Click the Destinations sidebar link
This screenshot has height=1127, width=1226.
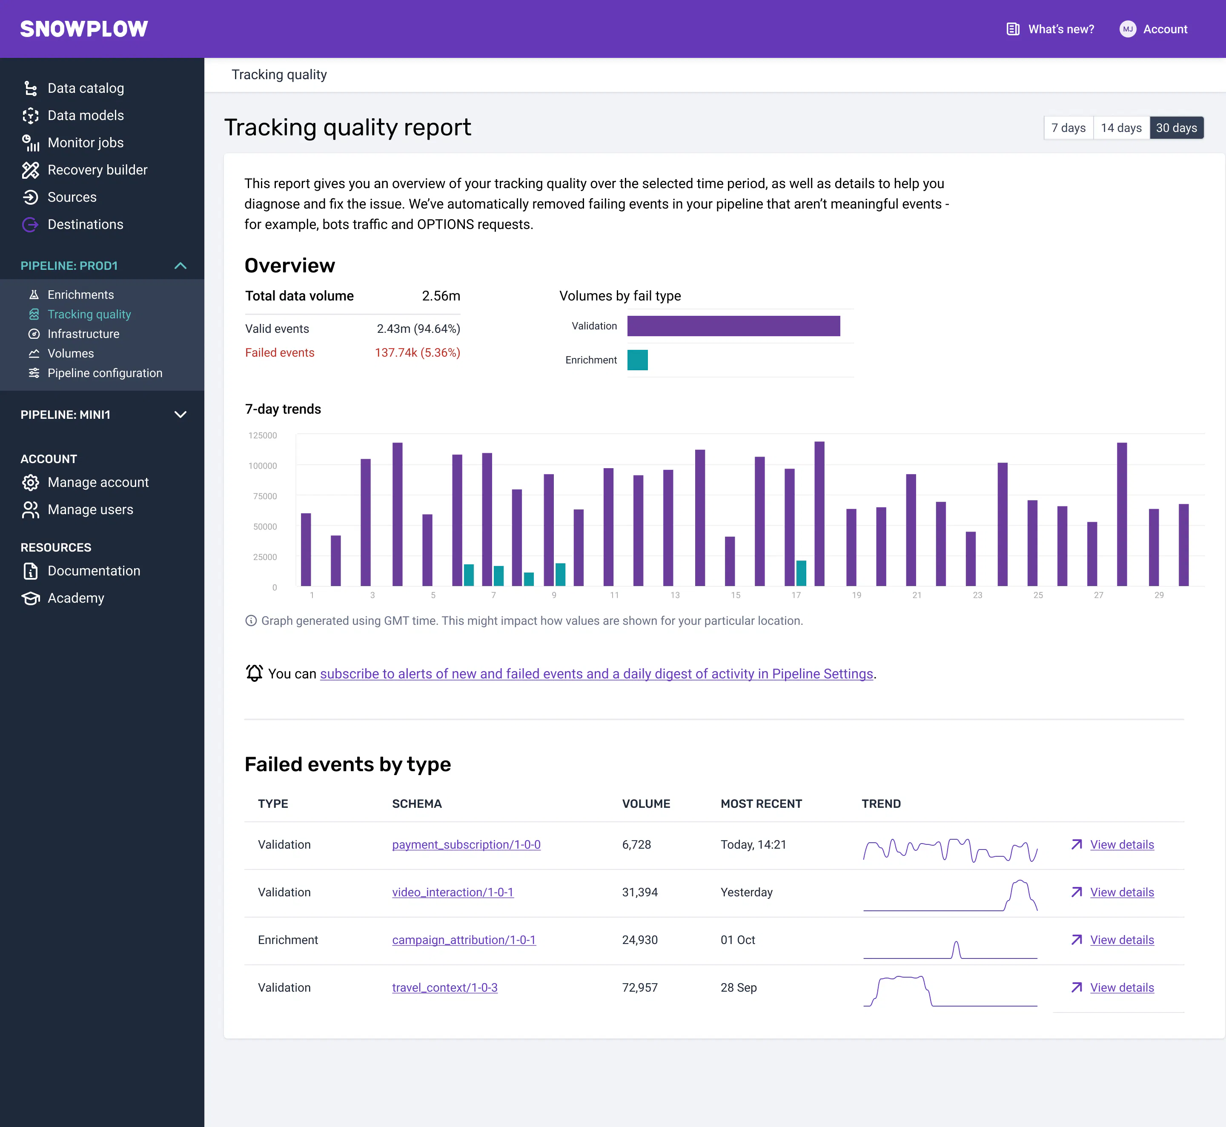86,224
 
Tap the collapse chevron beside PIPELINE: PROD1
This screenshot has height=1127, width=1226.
180,266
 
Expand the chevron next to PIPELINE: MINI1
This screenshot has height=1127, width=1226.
180,415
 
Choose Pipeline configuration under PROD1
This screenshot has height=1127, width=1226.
105,373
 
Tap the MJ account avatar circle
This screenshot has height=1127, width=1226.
1128,29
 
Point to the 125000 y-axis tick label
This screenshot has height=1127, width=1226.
263,435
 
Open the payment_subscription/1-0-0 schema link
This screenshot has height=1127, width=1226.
467,845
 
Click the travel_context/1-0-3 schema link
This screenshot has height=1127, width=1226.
445,988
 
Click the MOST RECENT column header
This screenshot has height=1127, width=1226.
761,804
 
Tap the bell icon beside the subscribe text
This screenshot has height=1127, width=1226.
254,673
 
